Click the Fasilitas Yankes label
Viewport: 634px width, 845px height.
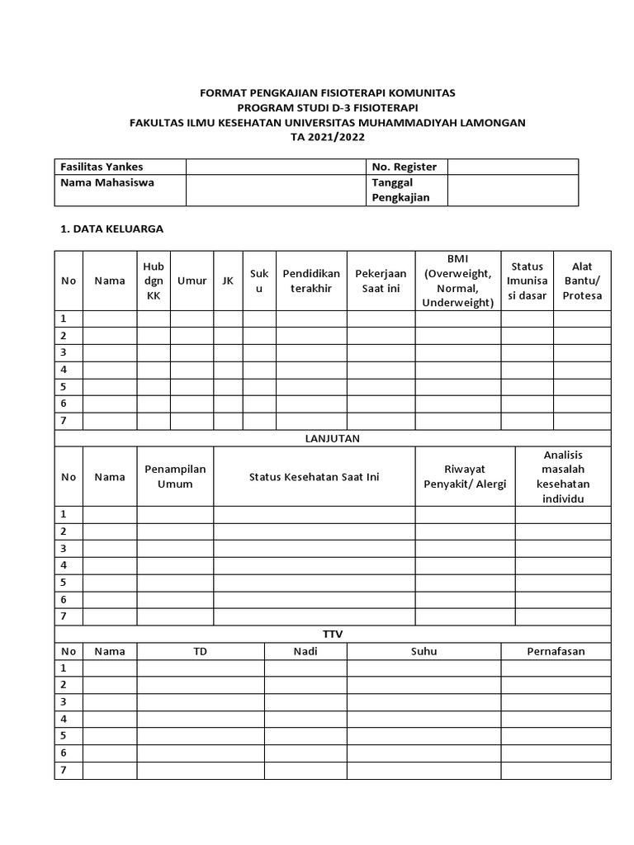pyautogui.click(x=102, y=167)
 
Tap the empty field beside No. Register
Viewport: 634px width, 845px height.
pyautogui.click(x=513, y=167)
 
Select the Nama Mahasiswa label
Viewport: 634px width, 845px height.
pyautogui.click(x=107, y=182)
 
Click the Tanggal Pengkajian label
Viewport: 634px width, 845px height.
pyautogui.click(x=400, y=190)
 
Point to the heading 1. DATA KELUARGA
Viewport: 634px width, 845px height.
pyautogui.click(x=112, y=229)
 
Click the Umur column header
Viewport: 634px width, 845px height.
pyautogui.click(x=192, y=281)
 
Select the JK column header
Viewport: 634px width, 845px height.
pyautogui.click(x=228, y=281)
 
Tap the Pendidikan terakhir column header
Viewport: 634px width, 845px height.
pyautogui.click(x=311, y=281)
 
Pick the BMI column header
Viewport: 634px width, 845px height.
pyautogui.click(x=457, y=281)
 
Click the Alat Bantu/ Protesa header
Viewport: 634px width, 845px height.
pyautogui.click(x=582, y=281)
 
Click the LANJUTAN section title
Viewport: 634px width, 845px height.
pyautogui.click(x=333, y=439)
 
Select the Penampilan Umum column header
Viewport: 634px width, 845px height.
pyautogui.click(x=175, y=476)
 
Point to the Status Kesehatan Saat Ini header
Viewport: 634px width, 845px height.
pyautogui.click(x=314, y=477)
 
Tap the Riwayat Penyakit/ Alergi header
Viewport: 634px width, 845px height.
pyautogui.click(x=465, y=476)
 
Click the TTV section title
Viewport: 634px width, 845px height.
pyautogui.click(x=333, y=634)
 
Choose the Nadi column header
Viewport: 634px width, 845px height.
pyautogui.click(x=305, y=651)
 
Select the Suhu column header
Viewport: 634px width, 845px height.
pyautogui.click(x=423, y=651)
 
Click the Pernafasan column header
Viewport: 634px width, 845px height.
pyautogui.click(x=556, y=651)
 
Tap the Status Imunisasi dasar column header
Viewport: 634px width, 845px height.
pyautogui.click(x=527, y=281)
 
